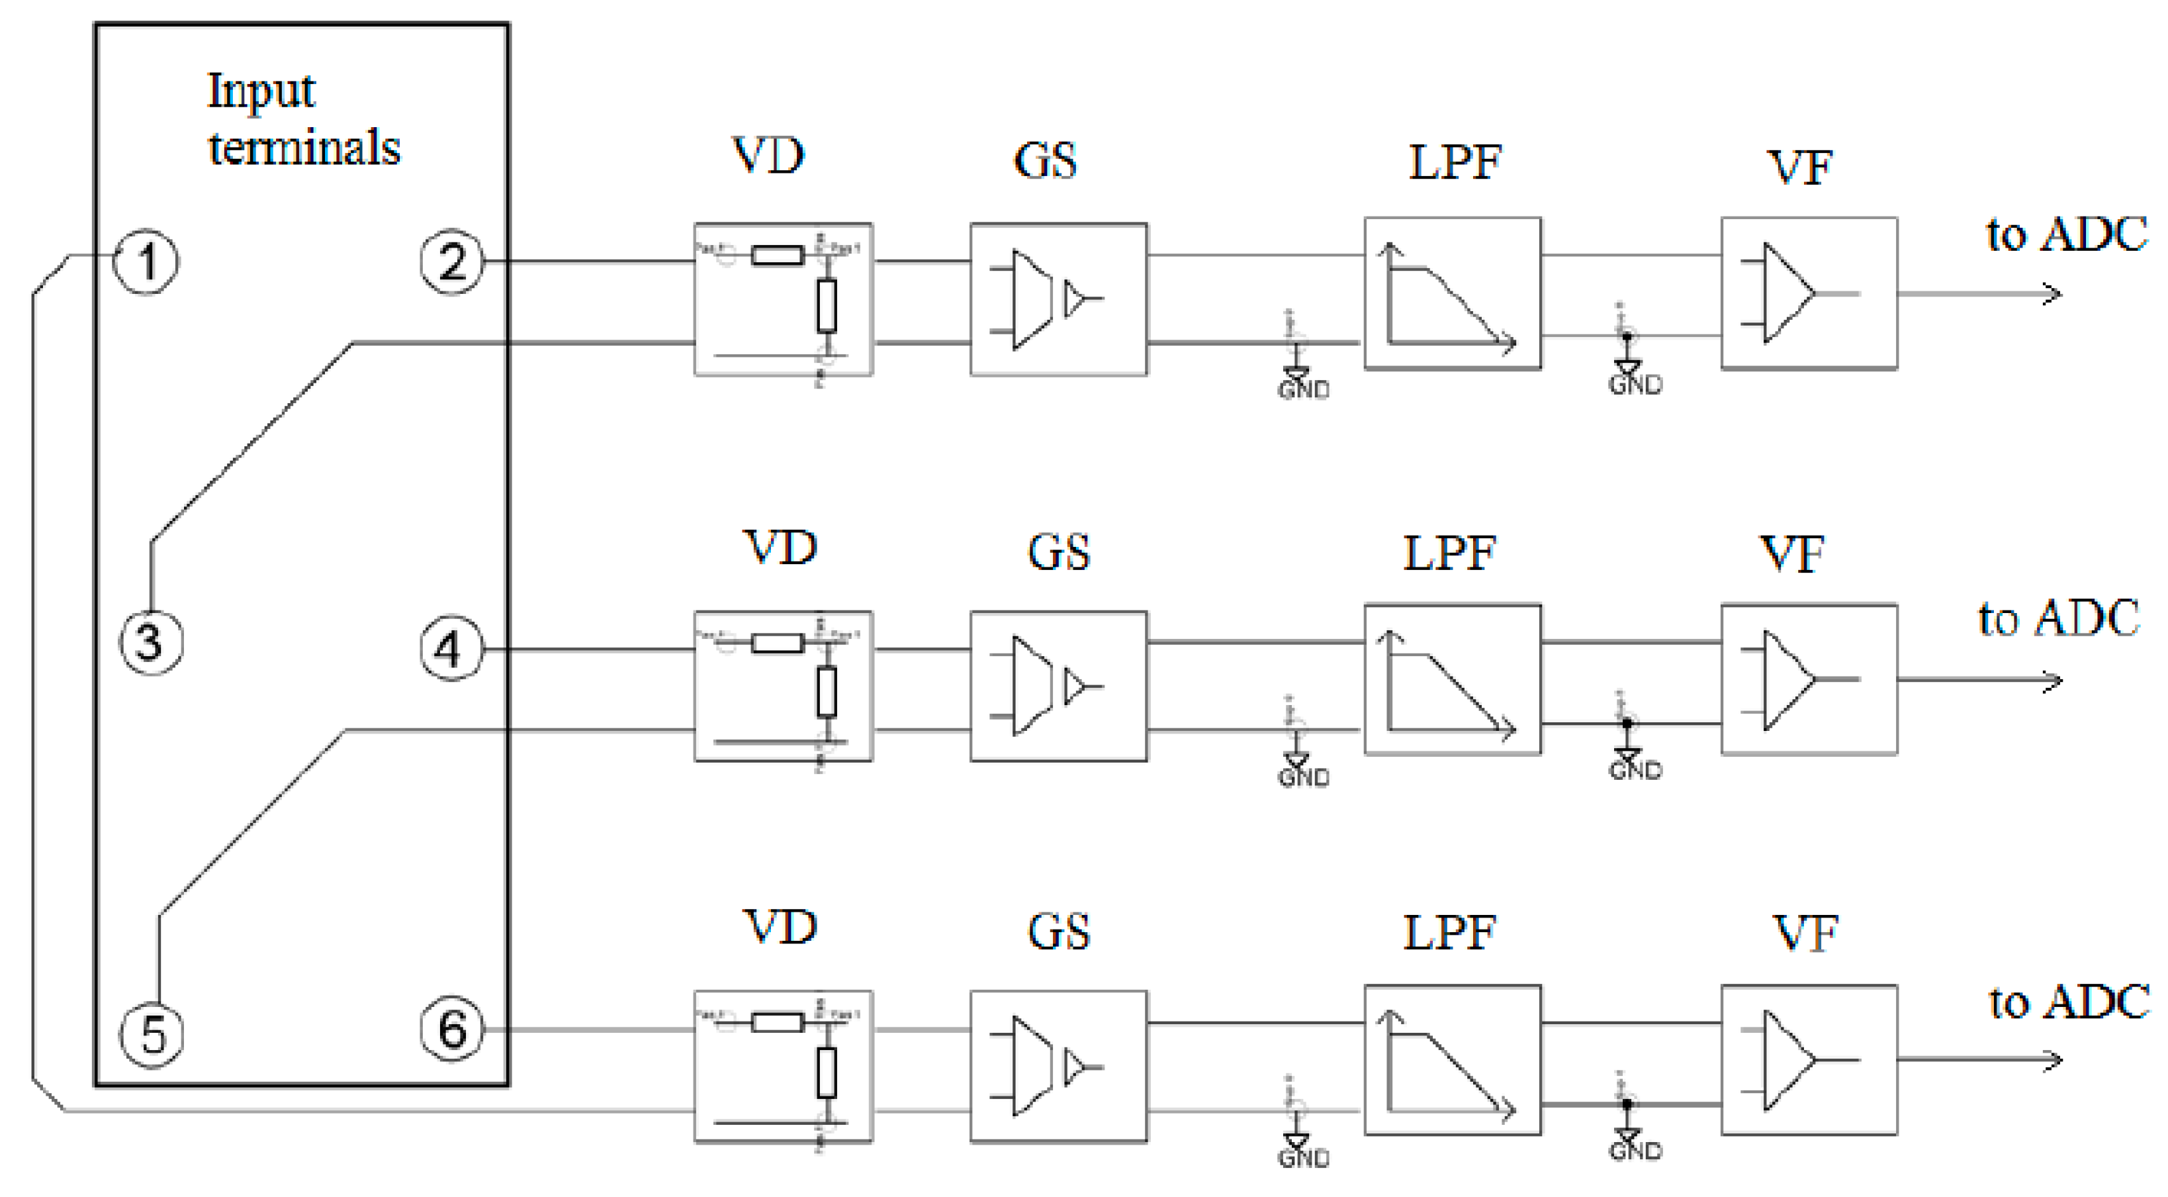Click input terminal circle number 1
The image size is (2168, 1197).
click(146, 261)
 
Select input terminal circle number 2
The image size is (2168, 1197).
click(452, 261)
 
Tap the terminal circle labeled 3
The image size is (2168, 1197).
click(151, 642)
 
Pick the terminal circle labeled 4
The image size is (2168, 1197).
click(452, 648)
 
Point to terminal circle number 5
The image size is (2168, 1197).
click(152, 1035)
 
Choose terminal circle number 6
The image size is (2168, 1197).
click(452, 1029)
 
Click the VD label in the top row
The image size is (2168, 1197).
click(768, 155)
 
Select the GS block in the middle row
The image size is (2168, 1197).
click(1058, 686)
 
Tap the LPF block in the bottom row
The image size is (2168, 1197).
click(1452, 1060)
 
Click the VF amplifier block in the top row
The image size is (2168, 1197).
click(1809, 293)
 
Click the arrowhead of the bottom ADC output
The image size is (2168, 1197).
click(2054, 1059)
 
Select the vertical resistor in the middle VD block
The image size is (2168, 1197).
click(827, 691)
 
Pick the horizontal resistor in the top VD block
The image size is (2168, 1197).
click(777, 254)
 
